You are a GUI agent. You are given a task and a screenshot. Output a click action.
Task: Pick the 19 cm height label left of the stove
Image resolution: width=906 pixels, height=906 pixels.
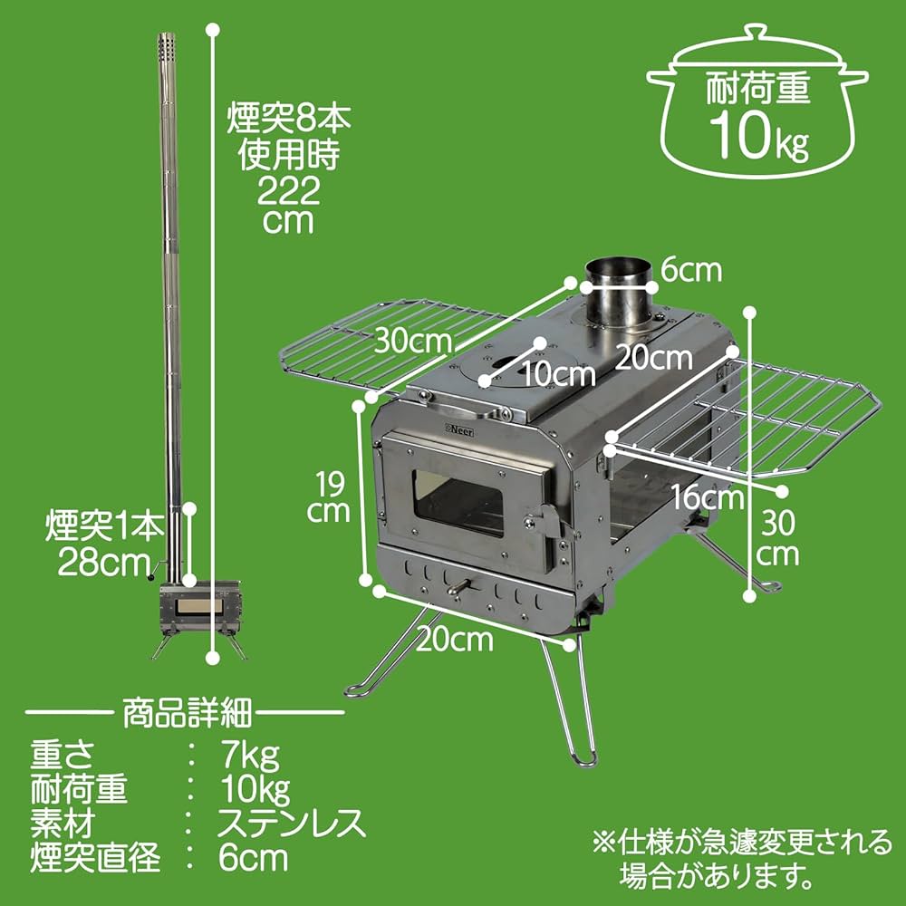pos(326,496)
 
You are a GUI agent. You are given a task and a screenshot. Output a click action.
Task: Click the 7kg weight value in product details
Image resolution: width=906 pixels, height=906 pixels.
pos(249,754)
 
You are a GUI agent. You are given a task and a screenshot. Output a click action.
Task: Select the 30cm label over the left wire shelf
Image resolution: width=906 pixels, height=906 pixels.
pos(413,342)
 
